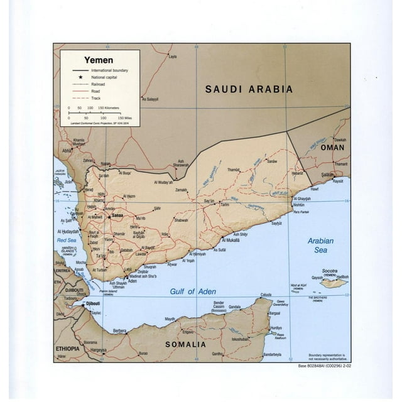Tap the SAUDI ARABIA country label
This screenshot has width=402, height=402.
tap(249, 89)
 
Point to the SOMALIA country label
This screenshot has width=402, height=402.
tap(185, 345)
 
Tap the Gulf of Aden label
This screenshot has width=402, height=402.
tap(193, 291)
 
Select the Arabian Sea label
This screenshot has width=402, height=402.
tap(320, 245)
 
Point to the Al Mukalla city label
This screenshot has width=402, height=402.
tap(229, 240)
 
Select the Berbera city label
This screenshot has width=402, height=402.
tap(120, 330)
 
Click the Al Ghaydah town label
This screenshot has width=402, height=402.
tap(303, 199)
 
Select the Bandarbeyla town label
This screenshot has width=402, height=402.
tap(277, 354)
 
